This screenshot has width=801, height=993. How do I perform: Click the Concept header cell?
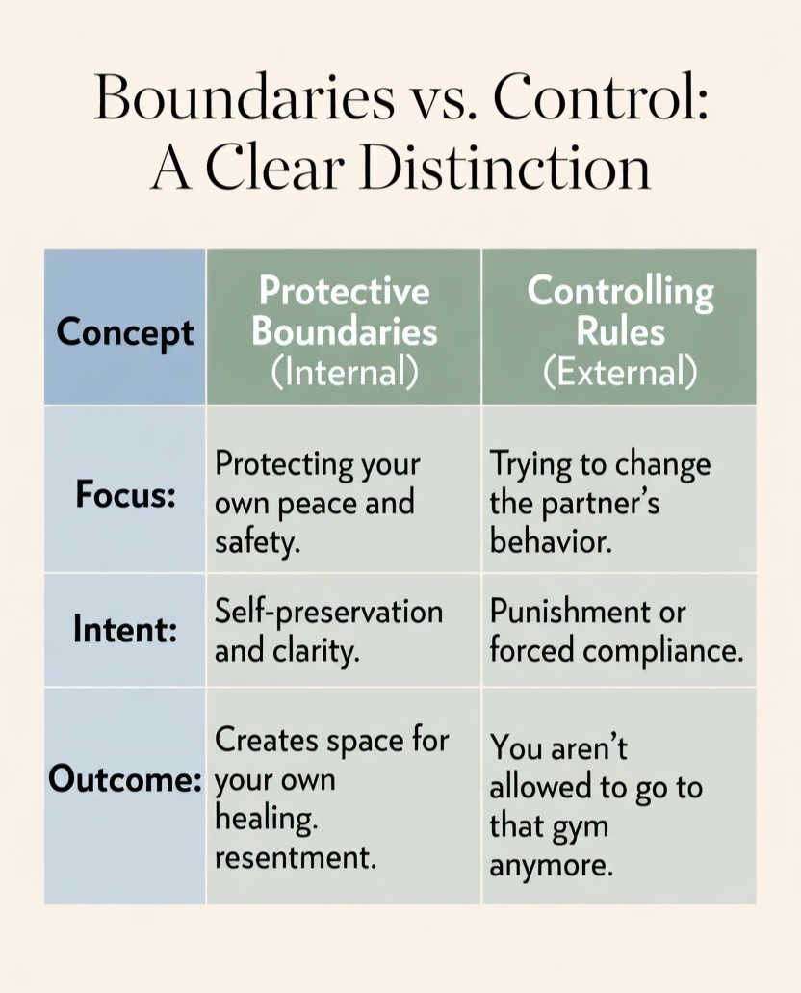click(125, 331)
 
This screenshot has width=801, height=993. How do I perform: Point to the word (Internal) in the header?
click(344, 373)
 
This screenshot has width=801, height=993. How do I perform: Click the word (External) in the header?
click(619, 373)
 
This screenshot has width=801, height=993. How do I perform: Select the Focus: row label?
click(125, 497)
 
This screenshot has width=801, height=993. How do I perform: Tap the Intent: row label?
click(125, 630)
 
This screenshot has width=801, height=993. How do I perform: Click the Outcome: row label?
click(125, 778)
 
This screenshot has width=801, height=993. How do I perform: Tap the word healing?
click(266, 818)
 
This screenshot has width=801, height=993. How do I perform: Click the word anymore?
click(551, 865)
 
